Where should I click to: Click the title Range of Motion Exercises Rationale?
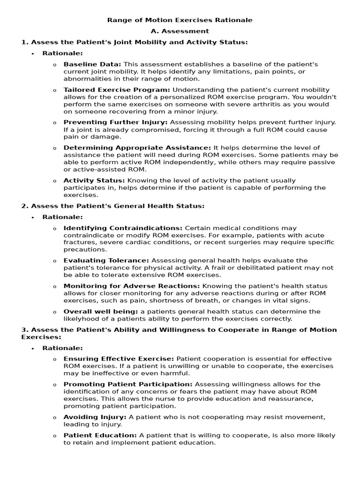coord(180,20)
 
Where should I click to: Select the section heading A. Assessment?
coord(180,31)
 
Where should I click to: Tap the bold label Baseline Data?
coord(92,64)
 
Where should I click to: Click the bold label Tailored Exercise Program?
coord(117,90)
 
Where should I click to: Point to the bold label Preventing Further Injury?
coord(115,122)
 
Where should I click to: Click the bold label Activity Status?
coord(94,180)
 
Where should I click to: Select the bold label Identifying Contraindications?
coord(123,228)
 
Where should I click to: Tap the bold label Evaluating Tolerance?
coord(106,261)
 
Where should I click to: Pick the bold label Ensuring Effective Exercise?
coord(119,359)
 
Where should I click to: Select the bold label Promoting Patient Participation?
coord(128,384)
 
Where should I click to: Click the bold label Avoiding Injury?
coord(95,417)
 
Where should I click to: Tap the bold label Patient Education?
coord(100,435)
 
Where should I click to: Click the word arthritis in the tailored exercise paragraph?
coord(265,105)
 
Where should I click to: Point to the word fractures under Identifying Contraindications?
coord(78,243)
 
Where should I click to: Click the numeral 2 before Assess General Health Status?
coord(23,206)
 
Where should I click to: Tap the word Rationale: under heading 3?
coord(62,348)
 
